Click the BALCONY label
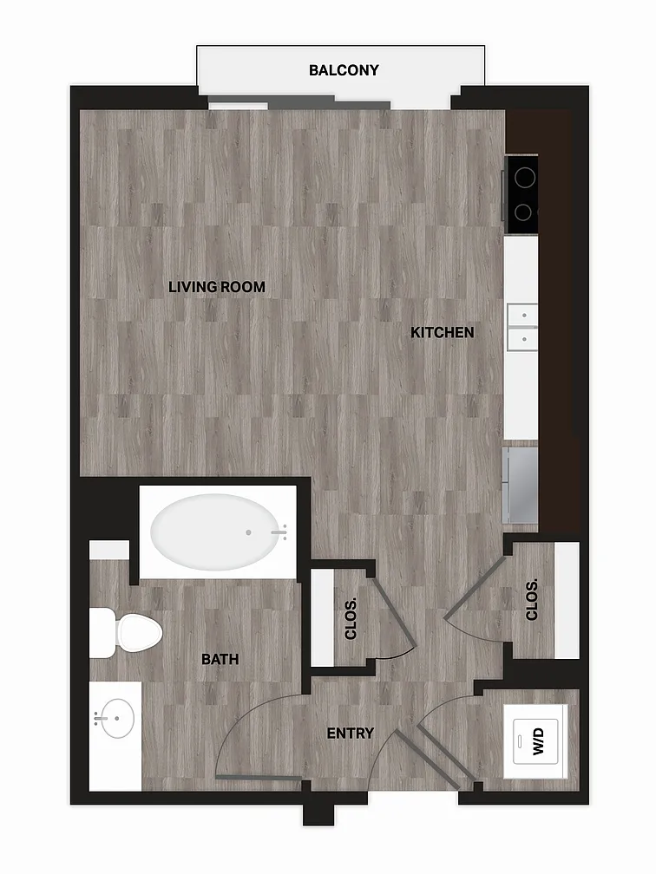(x=344, y=70)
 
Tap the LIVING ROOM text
(x=217, y=287)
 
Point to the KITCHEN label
(x=443, y=333)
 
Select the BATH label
(x=220, y=659)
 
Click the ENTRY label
(x=351, y=734)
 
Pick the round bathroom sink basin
(x=117, y=719)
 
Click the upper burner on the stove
(x=525, y=179)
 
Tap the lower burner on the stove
(x=522, y=212)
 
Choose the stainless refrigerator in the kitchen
(x=521, y=485)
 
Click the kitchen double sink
(x=522, y=327)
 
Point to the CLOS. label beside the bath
(x=351, y=619)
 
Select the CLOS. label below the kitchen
(x=532, y=600)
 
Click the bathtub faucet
(x=280, y=532)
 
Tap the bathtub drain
(x=248, y=532)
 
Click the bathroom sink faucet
(x=101, y=719)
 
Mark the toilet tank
(x=102, y=633)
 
